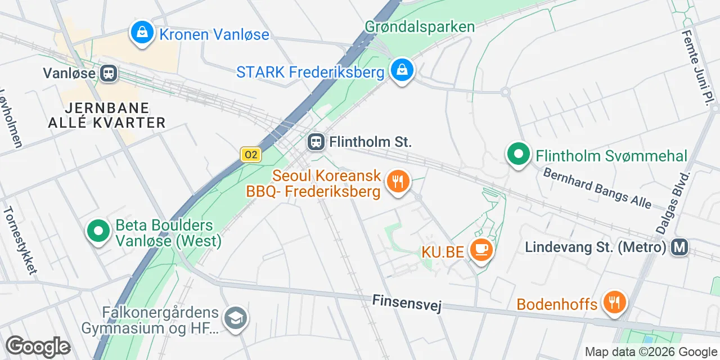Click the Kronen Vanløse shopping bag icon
[143, 33]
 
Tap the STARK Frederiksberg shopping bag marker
[402, 71]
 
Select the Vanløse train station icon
[109, 73]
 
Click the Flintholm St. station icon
[316, 142]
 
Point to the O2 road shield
[251, 155]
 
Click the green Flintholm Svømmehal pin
[518, 154]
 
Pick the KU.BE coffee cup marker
[481, 250]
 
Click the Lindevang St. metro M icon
[680, 246]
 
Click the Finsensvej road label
[407, 303]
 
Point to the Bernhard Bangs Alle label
[597, 188]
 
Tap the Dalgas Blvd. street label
[673, 201]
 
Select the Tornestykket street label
[20, 240]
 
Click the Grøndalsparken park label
[420, 26]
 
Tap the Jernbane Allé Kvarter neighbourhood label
[115, 115]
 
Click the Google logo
[38, 346]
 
